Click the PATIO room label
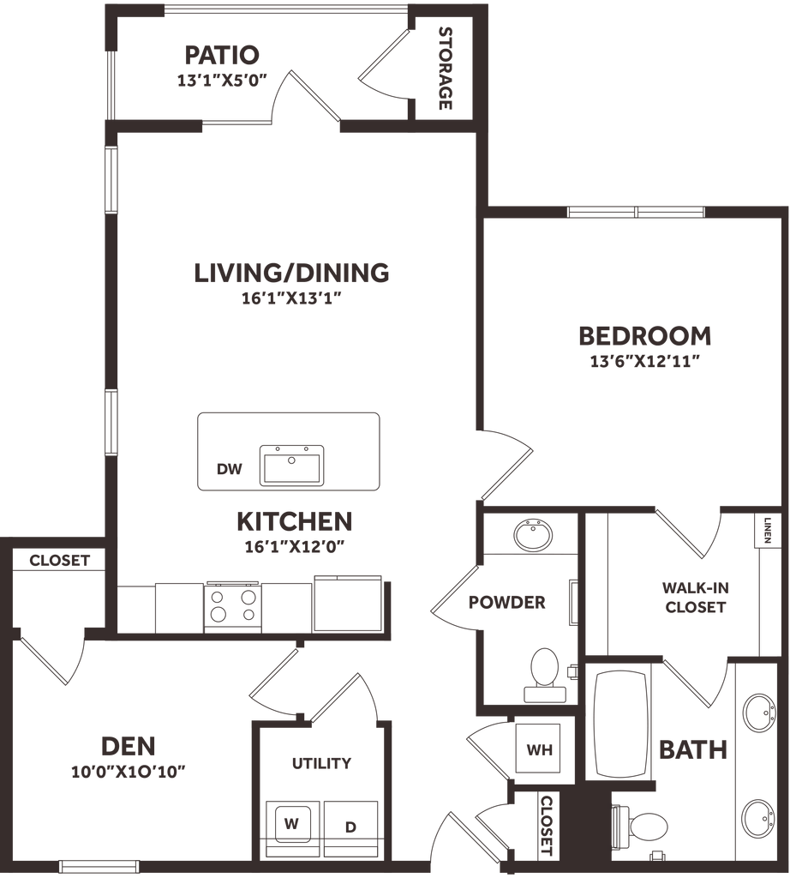point(220,57)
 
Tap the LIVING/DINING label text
point(291,273)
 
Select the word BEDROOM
point(645,334)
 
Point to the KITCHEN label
point(295,521)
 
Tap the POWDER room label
point(506,602)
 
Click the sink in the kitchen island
point(291,464)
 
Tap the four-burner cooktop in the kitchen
point(234,604)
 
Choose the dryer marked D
point(349,827)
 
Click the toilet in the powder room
point(542,668)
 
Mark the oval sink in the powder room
point(532,533)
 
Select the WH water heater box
point(536,751)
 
